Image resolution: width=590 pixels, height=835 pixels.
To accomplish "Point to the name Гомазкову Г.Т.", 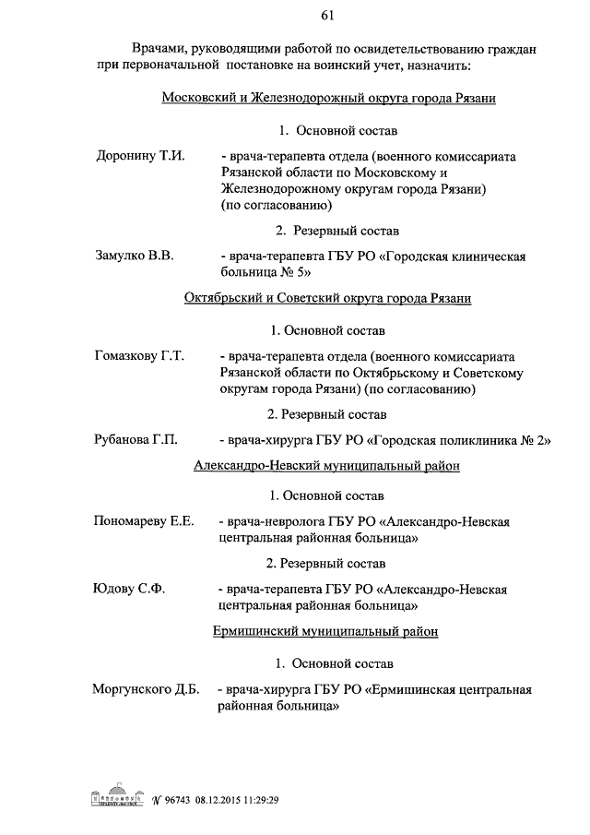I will pos(140,355).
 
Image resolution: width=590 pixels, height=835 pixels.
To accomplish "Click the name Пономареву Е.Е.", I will pos(144,521).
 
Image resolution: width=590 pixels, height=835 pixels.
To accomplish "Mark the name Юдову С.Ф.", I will pos(128,589).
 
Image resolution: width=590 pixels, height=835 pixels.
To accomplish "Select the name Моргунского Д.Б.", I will pos(147,689).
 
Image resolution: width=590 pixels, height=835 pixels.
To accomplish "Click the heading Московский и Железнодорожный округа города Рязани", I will pos(329,99).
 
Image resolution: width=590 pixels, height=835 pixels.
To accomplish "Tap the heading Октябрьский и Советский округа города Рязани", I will pos(327,298).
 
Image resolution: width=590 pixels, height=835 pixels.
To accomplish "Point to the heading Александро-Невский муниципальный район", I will pos(327,466).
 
